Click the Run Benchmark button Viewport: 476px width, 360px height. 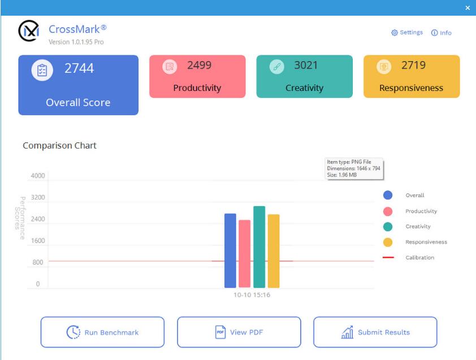[x=102, y=332]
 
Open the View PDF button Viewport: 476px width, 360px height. [x=239, y=332]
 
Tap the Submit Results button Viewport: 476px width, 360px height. [x=375, y=332]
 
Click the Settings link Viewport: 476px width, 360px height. [x=407, y=33]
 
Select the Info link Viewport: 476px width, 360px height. [x=442, y=33]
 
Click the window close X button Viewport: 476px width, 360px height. [x=468, y=8]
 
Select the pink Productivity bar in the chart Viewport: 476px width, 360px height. [x=244, y=254]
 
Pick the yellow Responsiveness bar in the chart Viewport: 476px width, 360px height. [x=274, y=251]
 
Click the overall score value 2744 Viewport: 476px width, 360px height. [x=79, y=68]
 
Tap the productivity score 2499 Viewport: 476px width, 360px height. [x=199, y=66]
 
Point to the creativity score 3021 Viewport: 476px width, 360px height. [x=306, y=66]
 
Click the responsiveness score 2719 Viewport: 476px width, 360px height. [x=413, y=66]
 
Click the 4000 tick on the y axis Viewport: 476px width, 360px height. [x=38, y=176]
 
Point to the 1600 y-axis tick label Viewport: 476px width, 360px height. [x=38, y=241]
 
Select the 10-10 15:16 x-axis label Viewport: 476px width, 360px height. [x=252, y=294]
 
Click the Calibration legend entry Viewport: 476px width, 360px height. [x=419, y=258]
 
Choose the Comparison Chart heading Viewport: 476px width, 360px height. [x=59, y=145]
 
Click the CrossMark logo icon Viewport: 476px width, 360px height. [x=28, y=31]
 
